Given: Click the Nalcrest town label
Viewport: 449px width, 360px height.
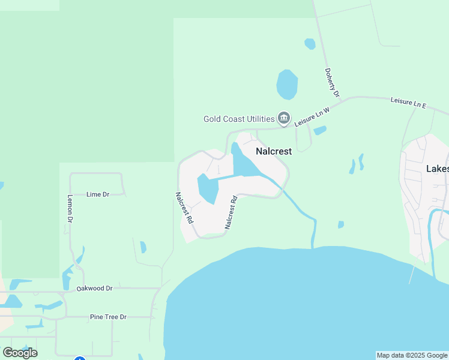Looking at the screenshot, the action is pos(274,151).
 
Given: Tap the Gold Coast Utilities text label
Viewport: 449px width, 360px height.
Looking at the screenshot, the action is pos(239,119).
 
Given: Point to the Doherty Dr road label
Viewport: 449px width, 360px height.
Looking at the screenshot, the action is pos(332,83).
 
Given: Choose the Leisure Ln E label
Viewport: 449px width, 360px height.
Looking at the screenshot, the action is pos(408,103).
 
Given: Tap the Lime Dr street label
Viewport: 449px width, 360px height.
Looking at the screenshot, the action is pos(98,194).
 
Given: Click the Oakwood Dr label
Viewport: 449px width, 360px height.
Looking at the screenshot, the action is pos(95,289).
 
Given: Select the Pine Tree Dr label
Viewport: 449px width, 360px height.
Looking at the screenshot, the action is pos(108,317).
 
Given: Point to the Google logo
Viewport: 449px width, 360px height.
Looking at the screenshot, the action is pos(20,353).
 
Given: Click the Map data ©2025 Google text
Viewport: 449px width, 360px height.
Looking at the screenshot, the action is pos(412,355).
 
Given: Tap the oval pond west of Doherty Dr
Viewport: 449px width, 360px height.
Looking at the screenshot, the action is pos(287,85).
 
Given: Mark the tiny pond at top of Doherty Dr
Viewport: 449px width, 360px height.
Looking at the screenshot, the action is pos(310,44).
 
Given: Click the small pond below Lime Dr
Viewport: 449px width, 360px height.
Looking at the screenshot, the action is pos(143,247).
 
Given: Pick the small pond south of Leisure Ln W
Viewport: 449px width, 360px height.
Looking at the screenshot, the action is pos(320,130).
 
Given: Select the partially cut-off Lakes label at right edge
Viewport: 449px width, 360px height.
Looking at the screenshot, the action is pos(437,169).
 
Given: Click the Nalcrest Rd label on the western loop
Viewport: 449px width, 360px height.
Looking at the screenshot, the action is pos(184,208).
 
